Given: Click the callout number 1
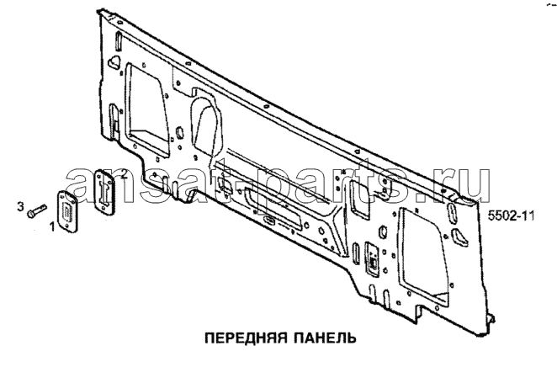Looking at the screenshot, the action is click(52, 226).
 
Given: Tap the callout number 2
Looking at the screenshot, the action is click(124, 173).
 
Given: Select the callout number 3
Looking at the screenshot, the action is click(21, 206).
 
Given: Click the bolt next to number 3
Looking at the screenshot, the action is click(36, 210).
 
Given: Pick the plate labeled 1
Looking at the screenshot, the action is click(67, 212).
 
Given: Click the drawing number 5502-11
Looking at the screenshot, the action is click(511, 215).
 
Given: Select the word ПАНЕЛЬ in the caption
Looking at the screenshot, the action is click(326, 338).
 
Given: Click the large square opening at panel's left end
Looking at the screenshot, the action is click(146, 109).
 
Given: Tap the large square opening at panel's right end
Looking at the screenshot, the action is click(422, 255).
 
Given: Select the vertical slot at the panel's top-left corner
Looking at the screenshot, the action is click(119, 41).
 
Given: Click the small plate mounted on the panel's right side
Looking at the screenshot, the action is click(372, 259).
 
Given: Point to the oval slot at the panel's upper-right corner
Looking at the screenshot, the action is click(453, 212).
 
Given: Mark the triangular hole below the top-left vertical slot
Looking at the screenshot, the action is click(114, 61).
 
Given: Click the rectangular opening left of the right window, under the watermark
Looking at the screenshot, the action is click(358, 198).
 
